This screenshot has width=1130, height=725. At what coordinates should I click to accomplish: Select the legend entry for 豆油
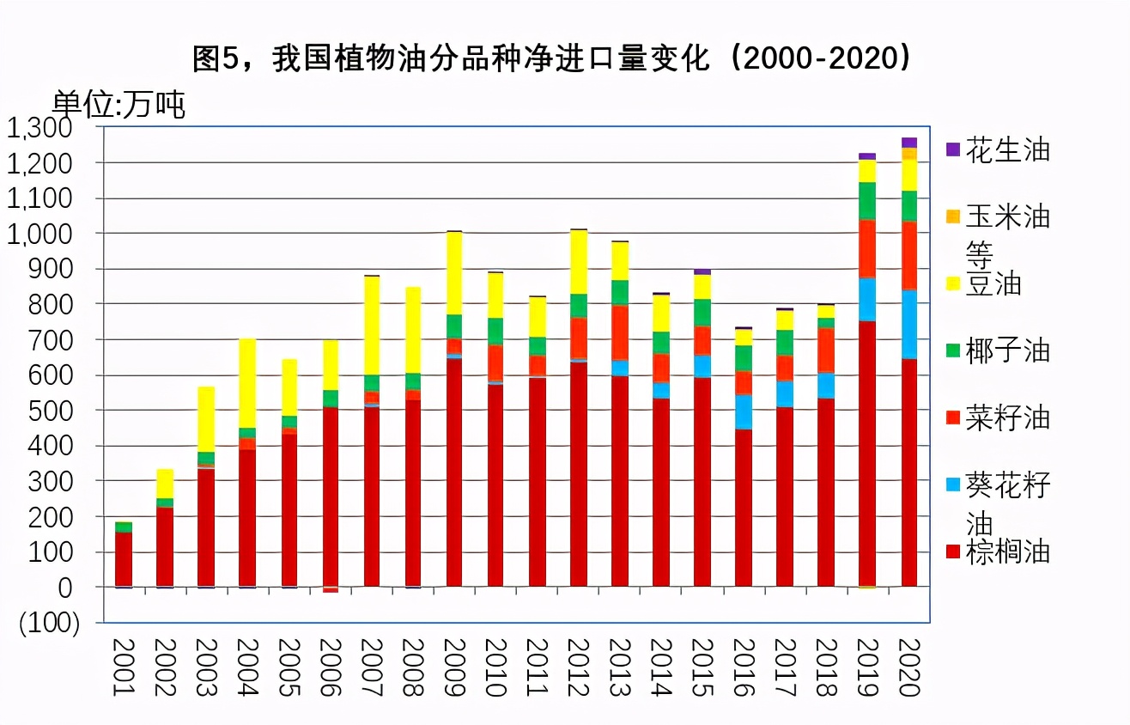[x=993, y=283]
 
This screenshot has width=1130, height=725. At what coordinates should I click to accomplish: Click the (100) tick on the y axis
[x=50, y=623]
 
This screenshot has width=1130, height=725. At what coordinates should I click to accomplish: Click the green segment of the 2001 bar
[x=124, y=527]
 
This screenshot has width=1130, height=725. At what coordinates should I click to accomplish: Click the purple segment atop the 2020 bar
[x=909, y=143]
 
